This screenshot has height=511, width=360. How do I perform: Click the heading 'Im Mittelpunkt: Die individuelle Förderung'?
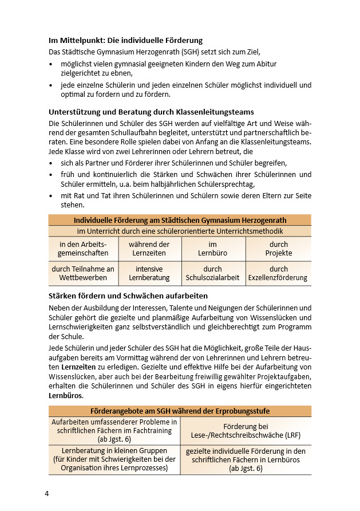click(125, 41)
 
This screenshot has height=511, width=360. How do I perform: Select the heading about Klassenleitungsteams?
click(151, 112)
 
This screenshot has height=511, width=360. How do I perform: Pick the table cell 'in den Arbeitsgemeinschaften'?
click(83, 249)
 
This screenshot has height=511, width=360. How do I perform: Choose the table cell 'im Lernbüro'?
click(213, 249)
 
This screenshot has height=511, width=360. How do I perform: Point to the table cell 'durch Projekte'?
click(279, 249)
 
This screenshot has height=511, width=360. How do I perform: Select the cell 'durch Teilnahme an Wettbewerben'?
click(83, 273)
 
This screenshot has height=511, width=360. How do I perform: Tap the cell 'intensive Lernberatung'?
click(149, 273)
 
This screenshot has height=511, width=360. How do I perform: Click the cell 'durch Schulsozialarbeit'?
click(213, 273)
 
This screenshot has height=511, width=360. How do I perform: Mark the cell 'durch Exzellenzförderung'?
click(279, 273)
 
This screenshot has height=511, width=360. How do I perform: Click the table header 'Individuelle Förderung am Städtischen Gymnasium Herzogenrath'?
click(180, 220)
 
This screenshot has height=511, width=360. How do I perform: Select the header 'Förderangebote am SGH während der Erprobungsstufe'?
click(180, 411)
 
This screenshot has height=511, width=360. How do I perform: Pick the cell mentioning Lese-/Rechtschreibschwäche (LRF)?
click(246, 431)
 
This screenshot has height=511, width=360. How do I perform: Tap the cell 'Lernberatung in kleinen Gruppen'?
click(114, 459)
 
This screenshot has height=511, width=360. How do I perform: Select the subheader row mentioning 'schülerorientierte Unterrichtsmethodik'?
click(180, 231)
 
